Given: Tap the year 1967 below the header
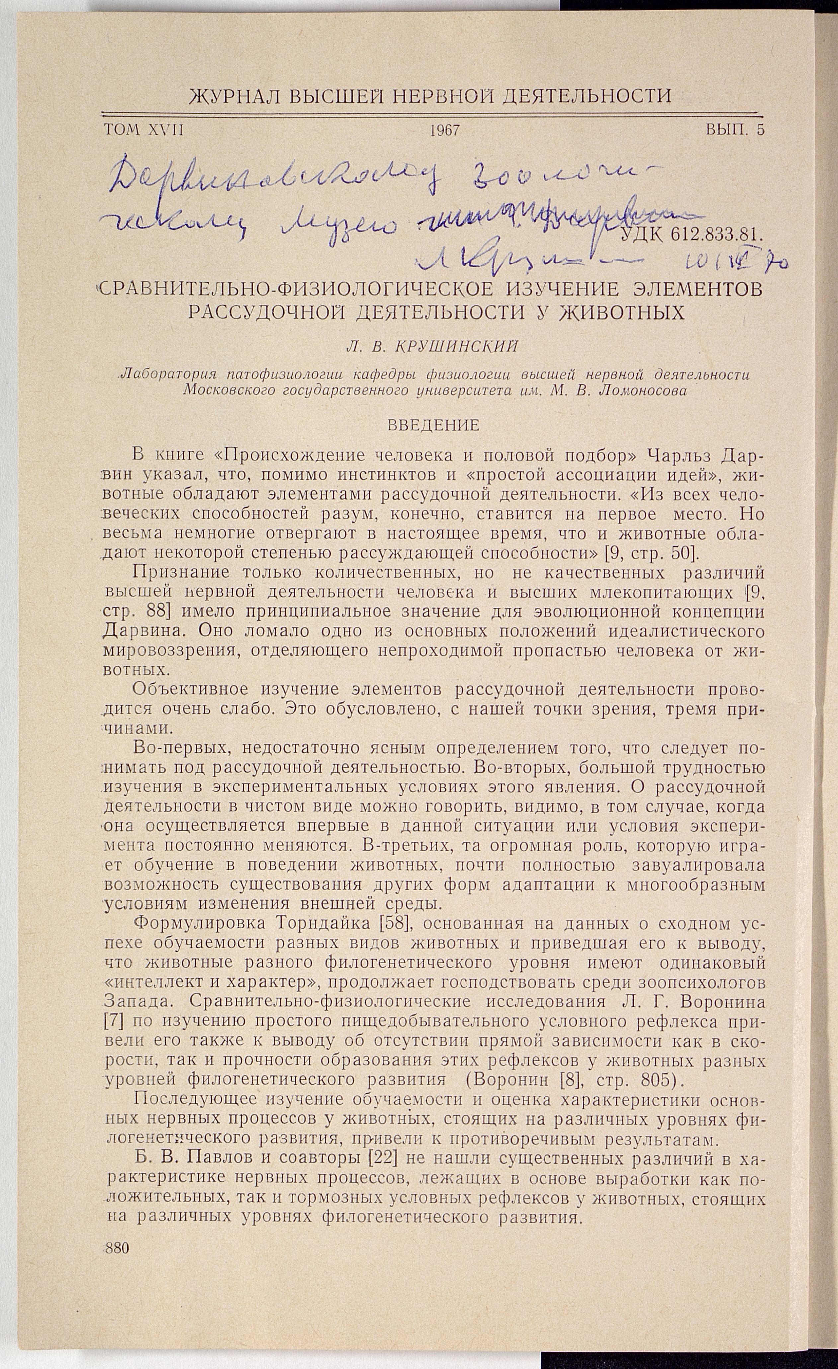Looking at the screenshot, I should coord(444,131).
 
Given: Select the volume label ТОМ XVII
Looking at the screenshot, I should coord(143,130).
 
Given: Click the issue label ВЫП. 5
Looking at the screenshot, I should coord(735,130).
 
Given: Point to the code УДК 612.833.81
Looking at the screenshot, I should coord(689,235).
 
